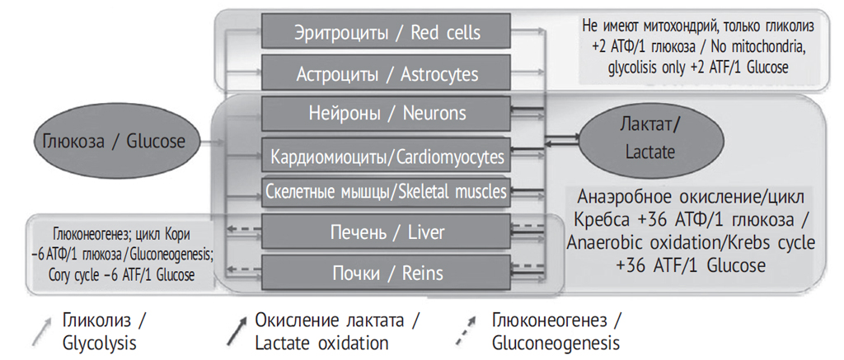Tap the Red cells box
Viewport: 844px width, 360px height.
[387, 33]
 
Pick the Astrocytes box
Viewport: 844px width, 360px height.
[387, 74]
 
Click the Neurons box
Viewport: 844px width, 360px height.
[387, 113]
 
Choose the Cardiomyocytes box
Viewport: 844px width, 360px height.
[387, 155]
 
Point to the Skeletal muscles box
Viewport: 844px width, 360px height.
[387, 192]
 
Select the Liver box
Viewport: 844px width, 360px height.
[387, 232]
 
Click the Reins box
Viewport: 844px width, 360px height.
[387, 272]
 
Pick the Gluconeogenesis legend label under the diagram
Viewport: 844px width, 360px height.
[556, 330]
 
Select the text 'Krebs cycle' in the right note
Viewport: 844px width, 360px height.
[771, 243]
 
